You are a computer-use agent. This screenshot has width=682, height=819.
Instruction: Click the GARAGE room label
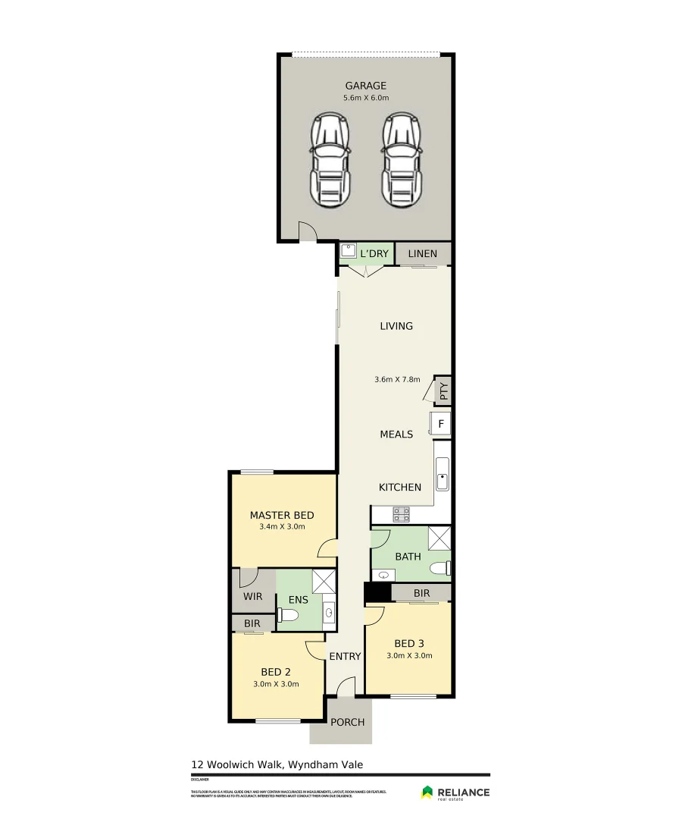click(x=366, y=86)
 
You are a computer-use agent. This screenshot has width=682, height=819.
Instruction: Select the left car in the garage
click(x=330, y=160)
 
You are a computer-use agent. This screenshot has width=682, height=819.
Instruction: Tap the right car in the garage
click(x=402, y=160)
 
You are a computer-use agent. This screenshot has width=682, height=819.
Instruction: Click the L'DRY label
click(x=374, y=253)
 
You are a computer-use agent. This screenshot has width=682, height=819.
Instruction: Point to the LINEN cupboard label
click(x=422, y=253)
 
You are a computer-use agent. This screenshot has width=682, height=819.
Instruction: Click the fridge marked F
click(x=440, y=423)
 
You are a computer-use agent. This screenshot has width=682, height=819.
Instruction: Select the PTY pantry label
click(x=444, y=391)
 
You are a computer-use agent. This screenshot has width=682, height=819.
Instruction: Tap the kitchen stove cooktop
click(x=401, y=514)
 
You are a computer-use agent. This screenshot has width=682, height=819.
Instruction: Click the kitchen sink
click(x=442, y=475)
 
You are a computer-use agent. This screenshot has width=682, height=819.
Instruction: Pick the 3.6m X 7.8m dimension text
click(x=397, y=379)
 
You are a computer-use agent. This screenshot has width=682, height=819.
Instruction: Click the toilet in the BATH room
click(x=440, y=569)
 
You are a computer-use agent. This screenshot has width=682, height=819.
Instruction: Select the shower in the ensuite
click(x=324, y=580)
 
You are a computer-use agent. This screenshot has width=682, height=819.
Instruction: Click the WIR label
click(x=252, y=597)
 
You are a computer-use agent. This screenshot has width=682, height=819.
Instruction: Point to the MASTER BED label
click(x=282, y=515)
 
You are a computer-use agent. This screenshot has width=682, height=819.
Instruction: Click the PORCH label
click(x=347, y=722)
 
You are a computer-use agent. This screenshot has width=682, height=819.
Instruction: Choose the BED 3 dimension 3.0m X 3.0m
click(x=409, y=656)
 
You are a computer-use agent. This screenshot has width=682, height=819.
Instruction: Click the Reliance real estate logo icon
click(x=428, y=792)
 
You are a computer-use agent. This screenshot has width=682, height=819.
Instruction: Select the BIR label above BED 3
click(x=422, y=592)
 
